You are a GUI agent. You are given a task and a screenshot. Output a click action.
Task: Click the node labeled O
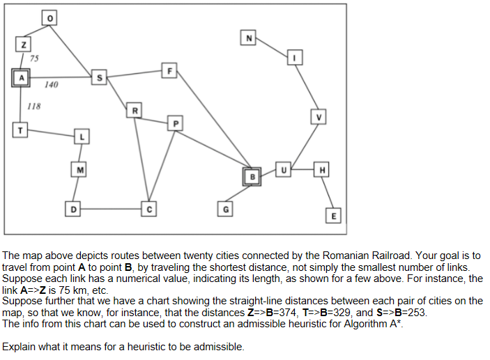coord(49,17)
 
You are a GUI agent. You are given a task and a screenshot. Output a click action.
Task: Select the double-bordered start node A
coord(21,78)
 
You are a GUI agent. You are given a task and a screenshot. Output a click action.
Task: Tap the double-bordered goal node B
coord(252,176)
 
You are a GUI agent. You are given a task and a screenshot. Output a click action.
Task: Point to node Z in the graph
coord(24,45)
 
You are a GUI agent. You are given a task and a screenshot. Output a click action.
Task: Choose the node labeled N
coord(248,37)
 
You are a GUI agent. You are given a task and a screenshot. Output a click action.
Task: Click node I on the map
coord(295,57)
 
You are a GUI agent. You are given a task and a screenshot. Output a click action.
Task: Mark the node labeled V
coord(319,117)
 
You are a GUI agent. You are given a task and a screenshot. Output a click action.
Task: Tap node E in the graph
coord(335,216)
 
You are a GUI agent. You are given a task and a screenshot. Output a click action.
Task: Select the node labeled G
coord(224,208)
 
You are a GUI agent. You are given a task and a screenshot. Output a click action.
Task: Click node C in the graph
coord(148,208)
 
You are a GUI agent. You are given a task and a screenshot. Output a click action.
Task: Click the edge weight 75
coord(33,58)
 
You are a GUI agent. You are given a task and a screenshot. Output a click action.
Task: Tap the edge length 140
coord(51,85)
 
